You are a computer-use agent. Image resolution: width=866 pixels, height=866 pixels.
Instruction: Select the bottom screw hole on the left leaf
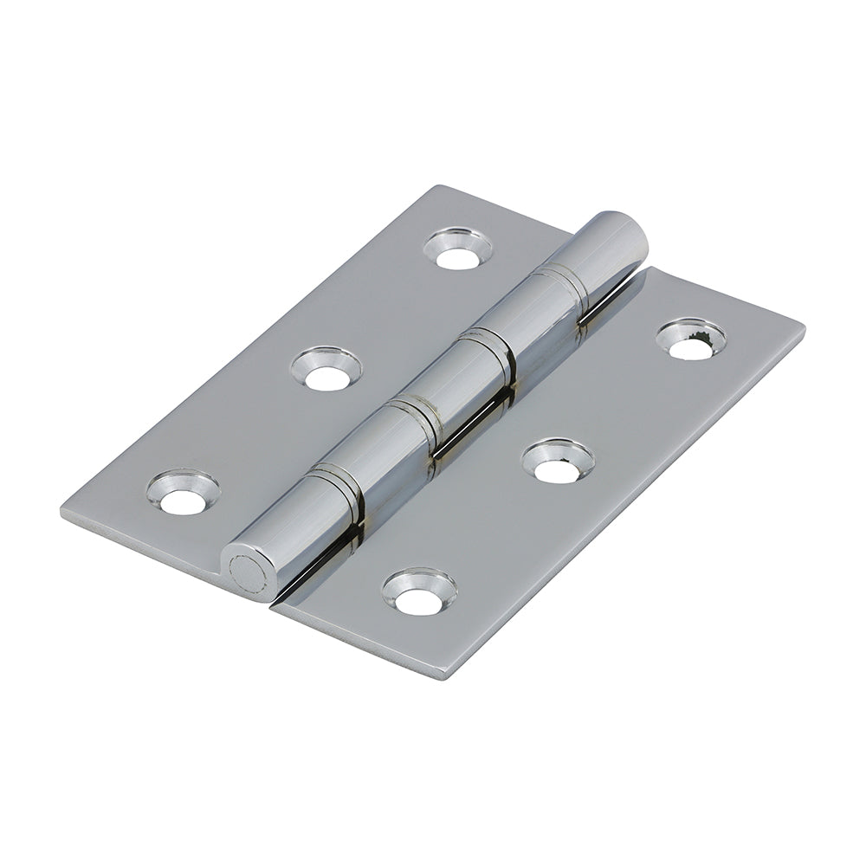pos(182,492)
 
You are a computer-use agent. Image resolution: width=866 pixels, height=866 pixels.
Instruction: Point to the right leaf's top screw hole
pos(690,339)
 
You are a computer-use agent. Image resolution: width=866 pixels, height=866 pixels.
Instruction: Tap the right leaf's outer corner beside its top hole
pos(803,327)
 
